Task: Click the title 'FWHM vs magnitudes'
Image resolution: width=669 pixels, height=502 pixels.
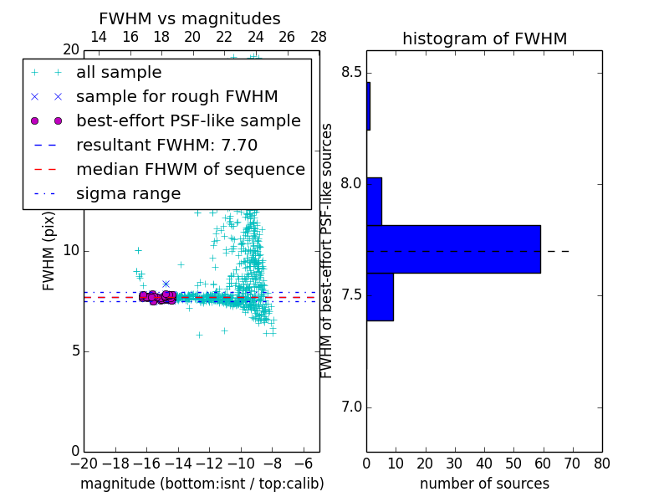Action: [190, 18]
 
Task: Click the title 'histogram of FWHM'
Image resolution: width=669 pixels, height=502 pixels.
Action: [484, 38]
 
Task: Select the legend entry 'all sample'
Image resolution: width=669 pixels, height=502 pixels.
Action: [119, 73]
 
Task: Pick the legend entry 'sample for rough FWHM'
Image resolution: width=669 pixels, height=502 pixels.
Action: [176, 96]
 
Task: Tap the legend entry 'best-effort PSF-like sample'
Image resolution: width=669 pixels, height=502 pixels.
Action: [188, 120]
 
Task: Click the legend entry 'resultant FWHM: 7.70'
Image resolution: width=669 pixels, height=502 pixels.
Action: [166, 145]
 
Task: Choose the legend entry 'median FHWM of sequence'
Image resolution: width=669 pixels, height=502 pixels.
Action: [190, 169]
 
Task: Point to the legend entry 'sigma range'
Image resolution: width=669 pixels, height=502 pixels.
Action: [128, 193]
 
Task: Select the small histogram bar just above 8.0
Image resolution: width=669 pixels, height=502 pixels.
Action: [374, 201]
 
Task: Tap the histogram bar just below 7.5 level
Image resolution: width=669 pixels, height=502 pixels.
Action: [380, 297]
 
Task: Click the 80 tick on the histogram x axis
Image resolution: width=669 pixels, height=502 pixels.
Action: [601, 464]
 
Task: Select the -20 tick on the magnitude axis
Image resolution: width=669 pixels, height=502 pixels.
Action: [84, 464]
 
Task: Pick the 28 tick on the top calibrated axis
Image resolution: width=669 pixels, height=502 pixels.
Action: [319, 37]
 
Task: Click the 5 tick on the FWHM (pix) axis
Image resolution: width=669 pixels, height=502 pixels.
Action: [74, 351]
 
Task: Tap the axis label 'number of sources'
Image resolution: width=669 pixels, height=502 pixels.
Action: [484, 484]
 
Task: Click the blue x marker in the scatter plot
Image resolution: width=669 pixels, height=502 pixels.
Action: [166, 284]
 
